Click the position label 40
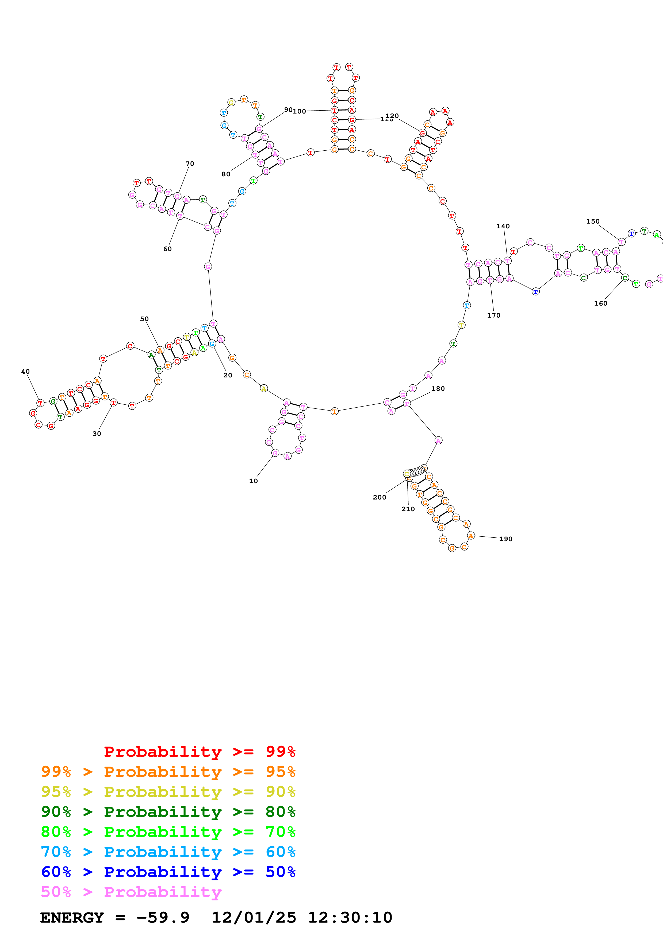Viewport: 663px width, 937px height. point(25,371)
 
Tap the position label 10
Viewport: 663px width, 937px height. point(253,481)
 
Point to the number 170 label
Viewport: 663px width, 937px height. point(493,315)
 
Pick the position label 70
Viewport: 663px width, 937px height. point(190,164)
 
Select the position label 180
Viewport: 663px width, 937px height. point(438,389)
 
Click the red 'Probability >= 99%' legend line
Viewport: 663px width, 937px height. point(199,751)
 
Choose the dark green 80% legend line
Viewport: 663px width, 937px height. point(168,812)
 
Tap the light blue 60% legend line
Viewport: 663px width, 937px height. point(168,852)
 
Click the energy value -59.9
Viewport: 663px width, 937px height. point(163,918)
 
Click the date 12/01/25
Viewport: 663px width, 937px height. point(254,918)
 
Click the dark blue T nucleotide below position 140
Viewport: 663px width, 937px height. point(535,291)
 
